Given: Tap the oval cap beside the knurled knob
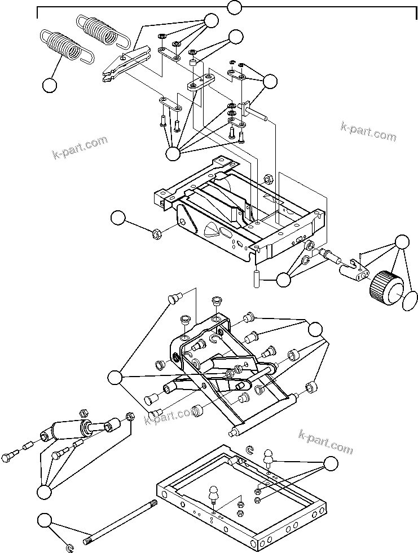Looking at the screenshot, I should pyautogui.click(x=410, y=301).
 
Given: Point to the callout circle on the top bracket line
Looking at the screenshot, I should pyautogui.click(x=234, y=7).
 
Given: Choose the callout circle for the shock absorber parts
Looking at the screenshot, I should pyautogui.click(x=44, y=492).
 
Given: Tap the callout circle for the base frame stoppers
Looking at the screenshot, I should pyautogui.click(x=331, y=463).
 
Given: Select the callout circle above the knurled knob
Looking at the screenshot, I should pyautogui.click(x=402, y=241).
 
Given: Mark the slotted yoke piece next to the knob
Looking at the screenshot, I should pyautogui.click(x=353, y=270).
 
